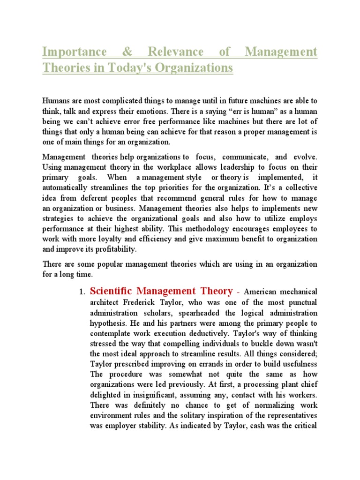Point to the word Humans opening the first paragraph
[x=56, y=100]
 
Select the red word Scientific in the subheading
[x=111, y=291]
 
